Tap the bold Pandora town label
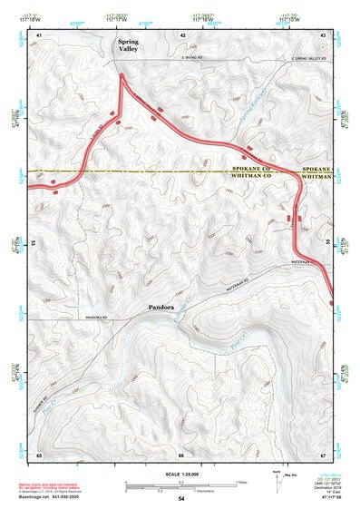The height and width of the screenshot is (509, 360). click(162, 308)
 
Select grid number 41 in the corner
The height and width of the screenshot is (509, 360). click(38, 34)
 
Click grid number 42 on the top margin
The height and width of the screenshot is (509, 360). click(183, 34)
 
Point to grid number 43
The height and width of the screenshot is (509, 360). click(323, 34)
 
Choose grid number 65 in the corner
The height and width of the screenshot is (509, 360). click(39, 454)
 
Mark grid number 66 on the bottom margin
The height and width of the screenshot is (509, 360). click(181, 454)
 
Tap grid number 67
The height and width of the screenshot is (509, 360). click(323, 454)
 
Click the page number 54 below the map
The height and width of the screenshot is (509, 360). click(181, 499)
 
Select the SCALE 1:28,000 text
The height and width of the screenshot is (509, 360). click(180, 474)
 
